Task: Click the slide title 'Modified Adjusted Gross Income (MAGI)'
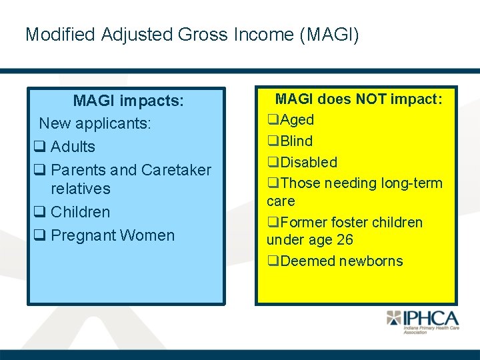point(192,35)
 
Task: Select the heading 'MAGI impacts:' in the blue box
point(128,101)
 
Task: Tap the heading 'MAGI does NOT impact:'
point(359,99)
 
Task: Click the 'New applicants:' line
point(95,123)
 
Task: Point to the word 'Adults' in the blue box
point(73,147)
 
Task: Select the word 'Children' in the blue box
point(80,212)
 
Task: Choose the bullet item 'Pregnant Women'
point(112,235)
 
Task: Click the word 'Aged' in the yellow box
point(297,120)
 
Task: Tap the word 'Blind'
point(297,141)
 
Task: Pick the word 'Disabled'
point(309,162)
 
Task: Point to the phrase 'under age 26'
point(310,240)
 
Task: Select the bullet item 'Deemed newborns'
point(341,261)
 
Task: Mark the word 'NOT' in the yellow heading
point(373,99)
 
